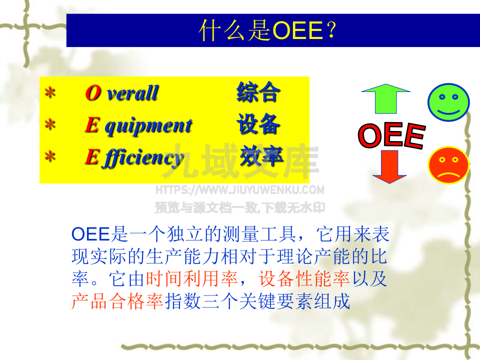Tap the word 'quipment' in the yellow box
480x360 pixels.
coord(148,126)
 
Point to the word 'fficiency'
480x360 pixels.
coord(142,158)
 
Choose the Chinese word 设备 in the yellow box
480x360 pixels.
coord(258,124)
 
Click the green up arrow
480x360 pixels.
coord(385,98)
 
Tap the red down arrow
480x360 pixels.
coord(389,166)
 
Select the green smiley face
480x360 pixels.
coord(448,102)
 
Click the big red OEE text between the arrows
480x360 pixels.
coord(391,135)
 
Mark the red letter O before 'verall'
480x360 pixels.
coord(92,93)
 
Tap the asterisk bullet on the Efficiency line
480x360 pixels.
coord(50,158)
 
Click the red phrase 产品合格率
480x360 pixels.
coord(117,301)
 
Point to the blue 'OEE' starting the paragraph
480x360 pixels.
coord(90,234)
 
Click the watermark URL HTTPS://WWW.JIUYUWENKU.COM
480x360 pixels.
coord(240,190)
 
